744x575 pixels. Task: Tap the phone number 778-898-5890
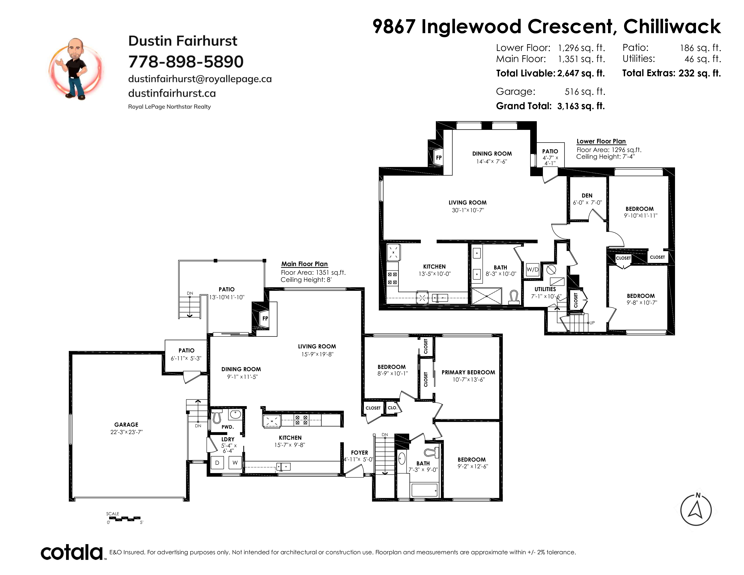[x=186, y=62]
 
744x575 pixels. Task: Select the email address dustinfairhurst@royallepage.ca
[x=200, y=79]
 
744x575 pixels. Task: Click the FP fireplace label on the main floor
[x=265, y=318]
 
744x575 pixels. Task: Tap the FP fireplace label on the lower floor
[x=439, y=157]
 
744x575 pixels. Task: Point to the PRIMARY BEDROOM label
[x=468, y=372]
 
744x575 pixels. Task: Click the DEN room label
[x=587, y=195]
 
